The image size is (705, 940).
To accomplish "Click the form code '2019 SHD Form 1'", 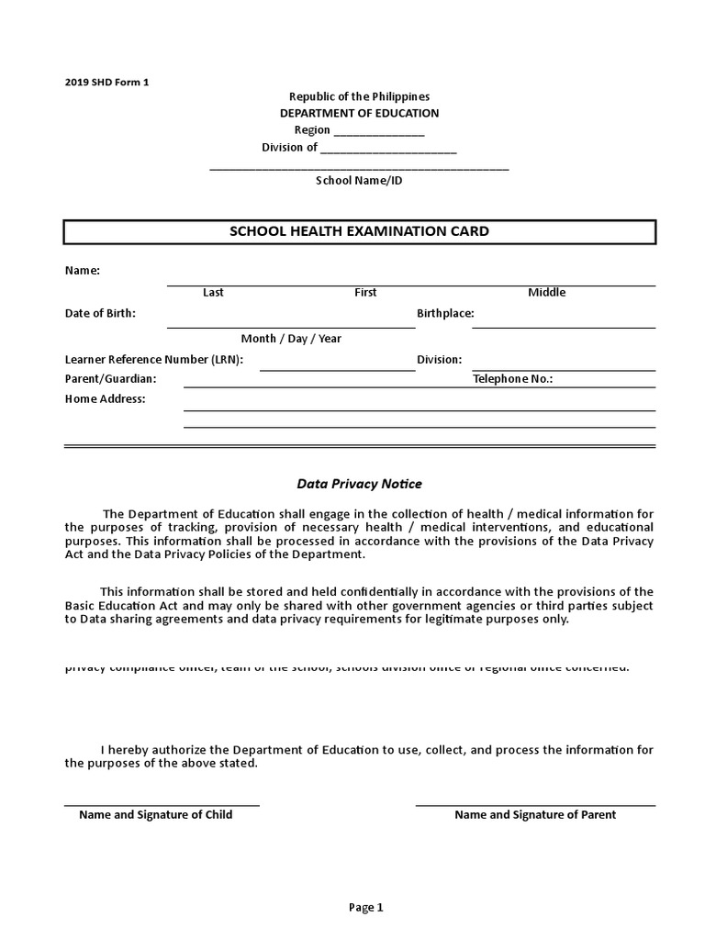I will (x=106, y=82).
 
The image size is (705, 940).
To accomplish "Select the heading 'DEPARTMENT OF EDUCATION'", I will (x=359, y=113).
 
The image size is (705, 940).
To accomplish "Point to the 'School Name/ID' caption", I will (x=359, y=180).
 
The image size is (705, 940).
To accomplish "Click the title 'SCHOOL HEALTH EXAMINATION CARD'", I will (x=359, y=231).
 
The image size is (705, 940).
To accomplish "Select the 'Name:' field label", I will (x=82, y=271).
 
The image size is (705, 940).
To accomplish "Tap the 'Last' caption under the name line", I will (x=213, y=292).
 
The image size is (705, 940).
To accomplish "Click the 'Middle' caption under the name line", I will (x=546, y=292).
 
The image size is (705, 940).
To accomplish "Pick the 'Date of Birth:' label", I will (x=100, y=313).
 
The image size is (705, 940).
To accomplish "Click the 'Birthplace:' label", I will (x=445, y=313).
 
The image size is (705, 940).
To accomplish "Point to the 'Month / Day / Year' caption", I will (x=291, y=338).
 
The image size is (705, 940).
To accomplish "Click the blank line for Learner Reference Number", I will (x=337, y=369).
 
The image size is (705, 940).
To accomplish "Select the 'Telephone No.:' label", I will (x=512, y=378).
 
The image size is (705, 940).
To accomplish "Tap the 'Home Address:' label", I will (x=105, y=398).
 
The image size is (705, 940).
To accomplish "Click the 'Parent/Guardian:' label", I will (x=110, y=378).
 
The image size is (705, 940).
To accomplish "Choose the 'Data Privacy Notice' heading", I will (x=359, y=483).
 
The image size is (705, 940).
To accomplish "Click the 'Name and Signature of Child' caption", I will (x=155, y=814).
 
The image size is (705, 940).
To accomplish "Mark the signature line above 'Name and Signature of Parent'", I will (x=535, y=805).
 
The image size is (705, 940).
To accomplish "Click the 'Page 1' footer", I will (x=365, y=907).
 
